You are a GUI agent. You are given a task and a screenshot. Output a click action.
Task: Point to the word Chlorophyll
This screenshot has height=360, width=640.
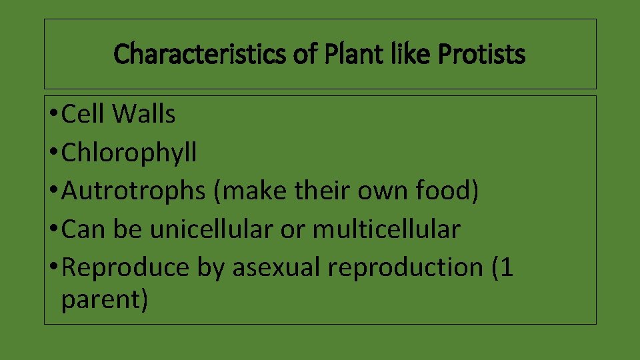129,153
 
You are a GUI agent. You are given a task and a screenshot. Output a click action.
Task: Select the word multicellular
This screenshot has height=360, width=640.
387,229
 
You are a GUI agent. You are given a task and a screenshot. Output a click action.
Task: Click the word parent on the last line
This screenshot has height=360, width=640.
104,299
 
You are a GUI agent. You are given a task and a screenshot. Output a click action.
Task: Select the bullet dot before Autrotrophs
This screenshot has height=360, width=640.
52,192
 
